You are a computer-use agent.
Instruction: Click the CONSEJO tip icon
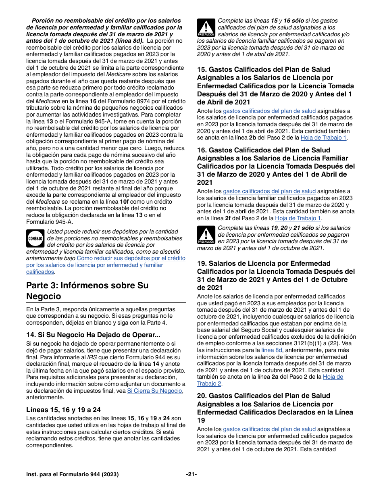click(35, 238)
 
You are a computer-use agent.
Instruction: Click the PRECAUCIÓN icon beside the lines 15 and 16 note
click(206, 28)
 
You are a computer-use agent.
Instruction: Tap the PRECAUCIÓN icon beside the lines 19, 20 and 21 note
click(206, 235)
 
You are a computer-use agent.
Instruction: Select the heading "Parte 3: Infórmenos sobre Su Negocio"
click(87, 291)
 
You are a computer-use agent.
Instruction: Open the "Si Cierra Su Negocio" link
click(154, 391)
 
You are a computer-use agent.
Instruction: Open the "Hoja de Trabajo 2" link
click(270, 380)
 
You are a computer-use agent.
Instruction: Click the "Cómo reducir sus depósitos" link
click(131, 258)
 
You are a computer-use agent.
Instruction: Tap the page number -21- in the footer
click(191, 475)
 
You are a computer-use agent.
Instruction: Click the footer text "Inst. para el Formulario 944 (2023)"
click(73, 475)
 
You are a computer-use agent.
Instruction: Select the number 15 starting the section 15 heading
click(202, 69)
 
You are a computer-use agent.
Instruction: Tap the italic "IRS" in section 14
click(92, 357)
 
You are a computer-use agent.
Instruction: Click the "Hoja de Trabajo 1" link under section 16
click(298, 218)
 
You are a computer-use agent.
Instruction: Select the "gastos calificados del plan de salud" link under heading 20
click(269, 429)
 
